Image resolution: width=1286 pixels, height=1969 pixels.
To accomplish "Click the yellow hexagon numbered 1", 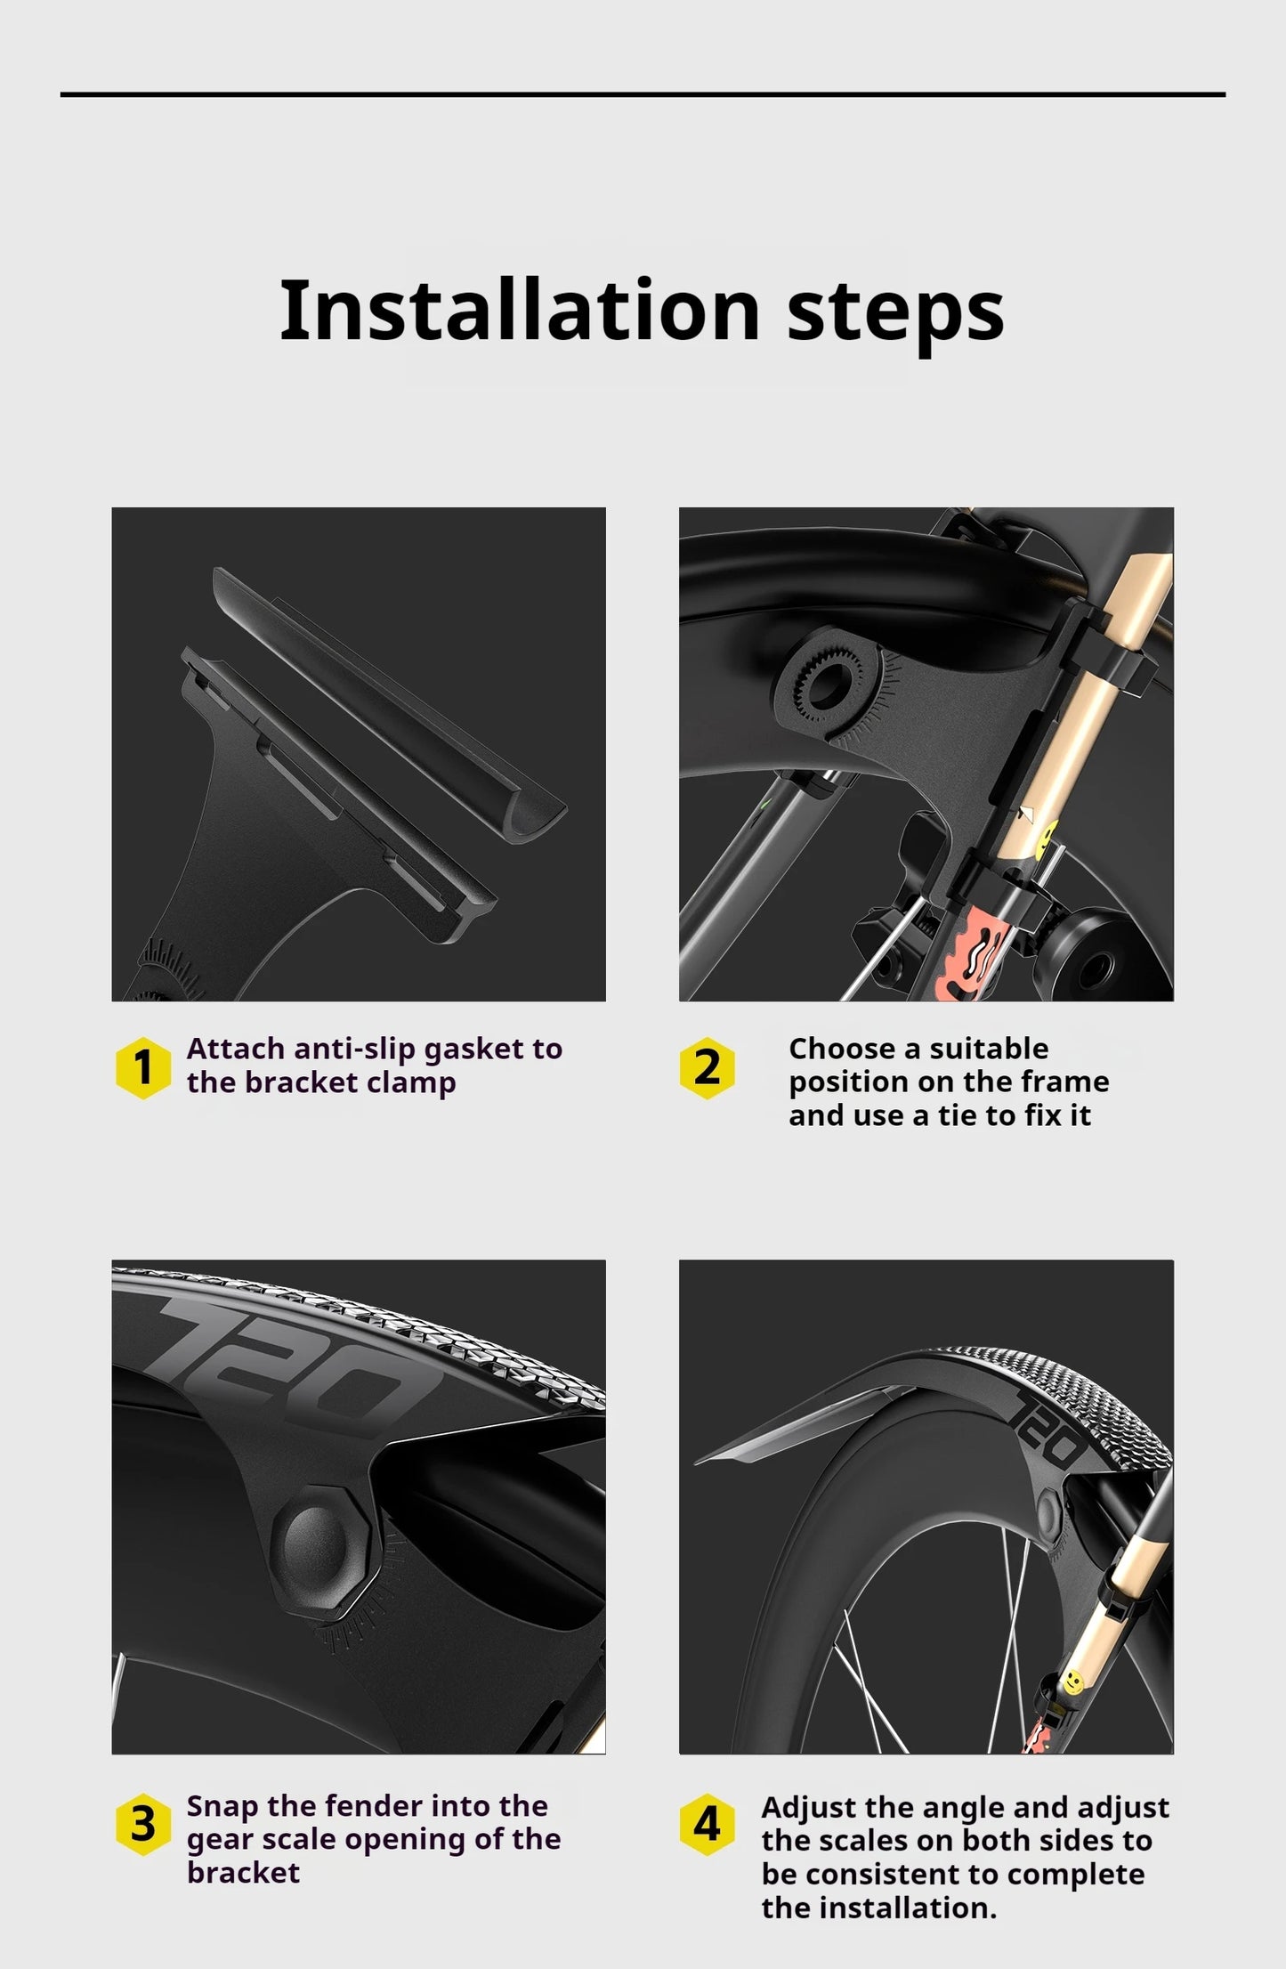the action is coord(142,1067).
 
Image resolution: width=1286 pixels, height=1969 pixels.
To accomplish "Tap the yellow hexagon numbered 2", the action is coord(707,1067).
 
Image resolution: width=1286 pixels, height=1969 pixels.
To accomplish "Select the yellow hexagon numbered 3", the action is coord(142,1824).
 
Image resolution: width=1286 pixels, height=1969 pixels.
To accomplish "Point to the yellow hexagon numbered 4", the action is coord(707,1824).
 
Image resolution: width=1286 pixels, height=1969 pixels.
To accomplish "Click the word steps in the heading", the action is coord(895,317).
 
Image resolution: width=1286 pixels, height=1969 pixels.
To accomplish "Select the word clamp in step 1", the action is coord(411,1085).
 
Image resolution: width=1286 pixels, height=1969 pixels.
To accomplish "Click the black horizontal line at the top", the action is coord(643,93).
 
